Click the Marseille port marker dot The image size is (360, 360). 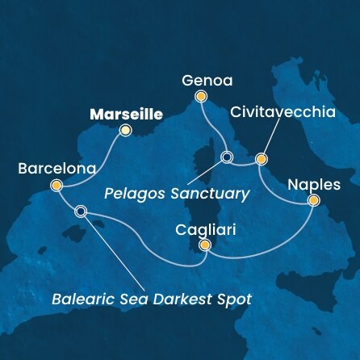tap(125, 129)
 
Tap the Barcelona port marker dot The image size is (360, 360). tap(56, 185)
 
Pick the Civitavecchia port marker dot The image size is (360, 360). tap(261, 158)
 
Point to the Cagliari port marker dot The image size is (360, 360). tap(205, 246)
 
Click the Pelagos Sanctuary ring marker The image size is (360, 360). tap(227, 157)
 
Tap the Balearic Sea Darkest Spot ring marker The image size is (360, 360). tap(80, 212)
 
